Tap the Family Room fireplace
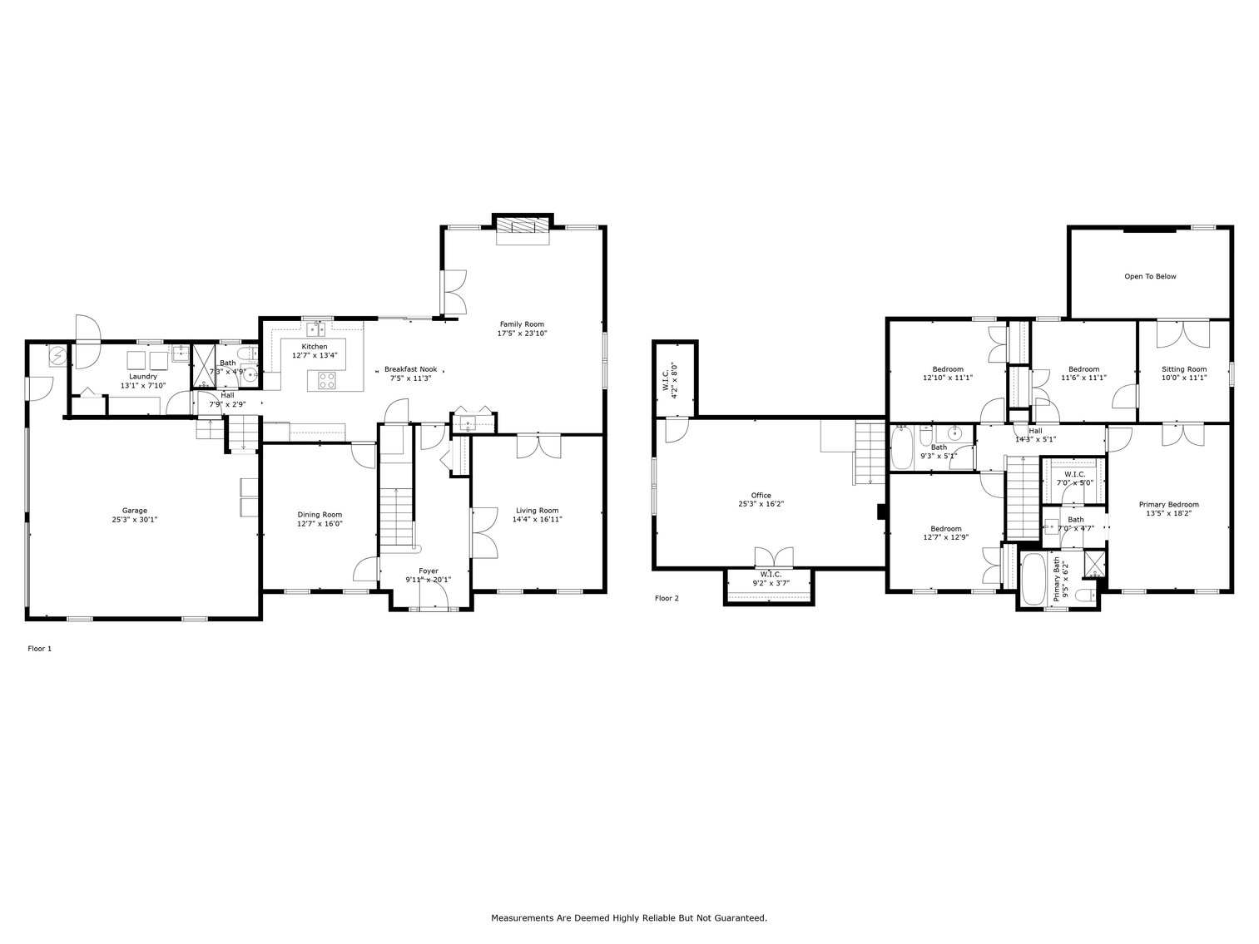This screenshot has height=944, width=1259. (523, 227)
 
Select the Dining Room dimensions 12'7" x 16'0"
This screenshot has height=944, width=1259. (320, 524)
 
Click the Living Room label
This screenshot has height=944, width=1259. (537, 511)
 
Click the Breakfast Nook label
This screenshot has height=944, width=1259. (410, 368)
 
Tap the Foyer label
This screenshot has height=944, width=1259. (428, 571)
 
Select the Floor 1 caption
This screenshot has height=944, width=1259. (40, 648)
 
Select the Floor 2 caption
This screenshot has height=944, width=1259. (667, 598)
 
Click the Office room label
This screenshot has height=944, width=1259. (761, 496)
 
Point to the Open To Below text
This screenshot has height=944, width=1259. (1150, 276)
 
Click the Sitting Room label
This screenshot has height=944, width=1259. (1183, 368)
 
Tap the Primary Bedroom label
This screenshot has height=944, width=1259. (1168, 504)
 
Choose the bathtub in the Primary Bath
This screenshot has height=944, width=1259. (1033, 579)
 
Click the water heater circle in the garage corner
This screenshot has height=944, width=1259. (57, 358)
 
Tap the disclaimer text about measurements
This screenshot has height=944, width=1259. (629, 918)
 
